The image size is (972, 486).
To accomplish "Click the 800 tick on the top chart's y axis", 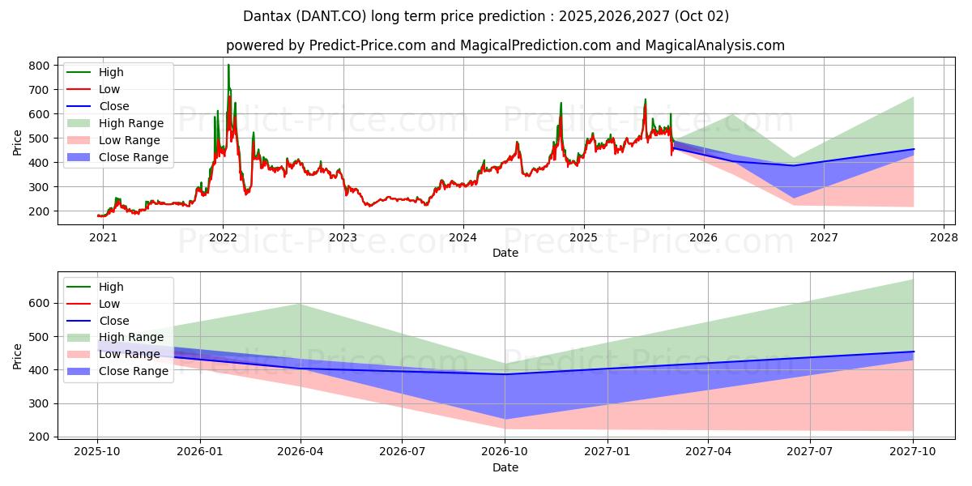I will tap(39, 65).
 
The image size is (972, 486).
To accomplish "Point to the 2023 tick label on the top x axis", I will tap(343, 238).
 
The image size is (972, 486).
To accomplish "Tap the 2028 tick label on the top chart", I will tap(944, 238).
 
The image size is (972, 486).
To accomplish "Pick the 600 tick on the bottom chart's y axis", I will tap(39, 303).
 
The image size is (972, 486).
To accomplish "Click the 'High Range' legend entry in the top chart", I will tap(130, 123).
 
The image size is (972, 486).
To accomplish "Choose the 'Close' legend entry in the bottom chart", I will tap(113, 321).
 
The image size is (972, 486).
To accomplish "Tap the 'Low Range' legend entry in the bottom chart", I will tap(130, 354).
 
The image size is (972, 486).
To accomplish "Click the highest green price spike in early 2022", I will tap(228, 65).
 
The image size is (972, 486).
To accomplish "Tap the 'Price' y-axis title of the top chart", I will tap(17, 143).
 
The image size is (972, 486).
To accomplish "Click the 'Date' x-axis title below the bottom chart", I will tap(505, 467).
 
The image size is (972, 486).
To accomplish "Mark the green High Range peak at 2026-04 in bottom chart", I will tap(301, 304).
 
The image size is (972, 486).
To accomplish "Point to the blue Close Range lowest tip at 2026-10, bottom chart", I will tap(505, 420).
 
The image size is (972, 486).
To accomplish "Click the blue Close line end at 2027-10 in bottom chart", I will tap(914, 352).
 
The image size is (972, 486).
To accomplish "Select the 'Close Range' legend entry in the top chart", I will tap(134, 157).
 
